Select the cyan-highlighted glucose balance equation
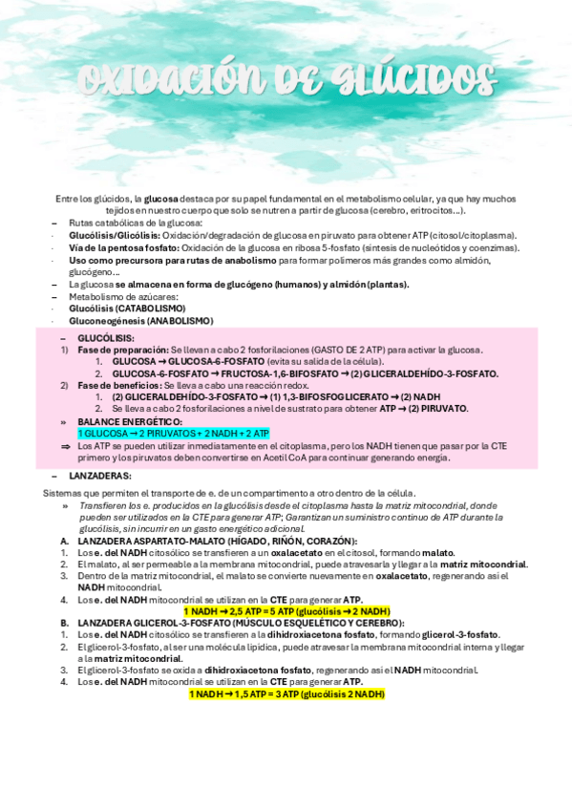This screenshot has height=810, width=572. pos(173,433)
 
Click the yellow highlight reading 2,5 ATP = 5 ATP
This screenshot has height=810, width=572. pos(286,610)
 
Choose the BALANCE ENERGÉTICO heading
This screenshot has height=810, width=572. pos(130,421)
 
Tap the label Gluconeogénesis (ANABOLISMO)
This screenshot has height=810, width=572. pos(140,321)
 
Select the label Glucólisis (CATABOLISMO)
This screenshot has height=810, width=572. pos(127,309)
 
